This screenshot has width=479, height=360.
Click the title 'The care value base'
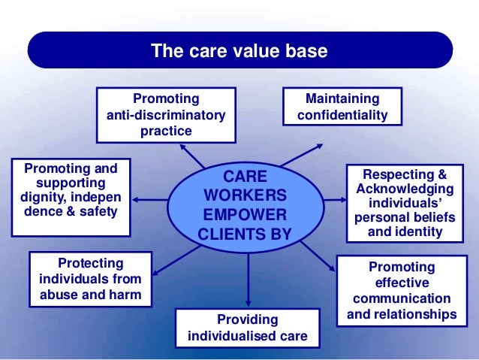coord(239,52)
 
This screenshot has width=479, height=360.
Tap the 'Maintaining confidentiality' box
coord(342,107)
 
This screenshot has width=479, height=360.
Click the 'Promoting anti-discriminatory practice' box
coord(166,115)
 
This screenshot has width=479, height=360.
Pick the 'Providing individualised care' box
coord(248,328)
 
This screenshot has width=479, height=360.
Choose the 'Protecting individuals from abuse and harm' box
coord(90,278)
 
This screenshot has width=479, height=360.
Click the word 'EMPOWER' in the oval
coord(245,213)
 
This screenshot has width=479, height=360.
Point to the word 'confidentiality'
coord(342,116)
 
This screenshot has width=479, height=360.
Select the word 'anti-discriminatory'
coord(166,115)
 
